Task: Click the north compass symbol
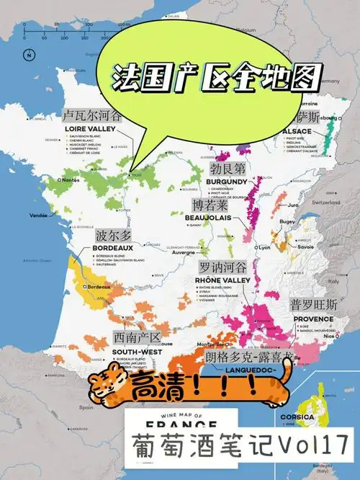click(x=27, y=55)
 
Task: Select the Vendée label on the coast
click(x=40, y=215)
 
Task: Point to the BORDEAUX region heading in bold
click(x=112, y=247)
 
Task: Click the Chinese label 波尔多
click(x=113, y=236)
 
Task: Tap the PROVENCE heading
click(x=313, y=318)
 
